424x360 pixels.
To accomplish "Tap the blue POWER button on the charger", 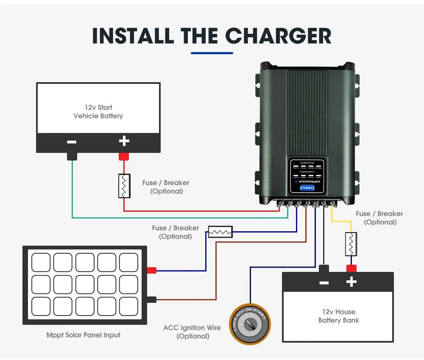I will tap(307, 188).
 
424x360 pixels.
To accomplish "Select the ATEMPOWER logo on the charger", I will tap(308, 181).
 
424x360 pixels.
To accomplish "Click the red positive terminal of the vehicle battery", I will tap(123, 156).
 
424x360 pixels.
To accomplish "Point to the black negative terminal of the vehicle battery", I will tap(72, 156).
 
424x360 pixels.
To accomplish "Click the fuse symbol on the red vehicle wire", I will tap(124, 186).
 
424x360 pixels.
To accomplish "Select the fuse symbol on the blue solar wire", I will tap(220, 232).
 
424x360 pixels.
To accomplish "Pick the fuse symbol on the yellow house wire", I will tap(350, 244).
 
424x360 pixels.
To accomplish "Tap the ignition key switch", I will tap(249, 324).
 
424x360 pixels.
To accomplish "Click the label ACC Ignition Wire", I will tap(192, 328).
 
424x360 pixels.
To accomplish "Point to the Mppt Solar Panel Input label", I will tap(83, 335).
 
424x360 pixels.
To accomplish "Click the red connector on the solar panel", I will tap(151, 270).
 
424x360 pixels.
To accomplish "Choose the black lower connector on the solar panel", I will tap(151, 299).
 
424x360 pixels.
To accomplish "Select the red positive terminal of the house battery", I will tap(351, 268).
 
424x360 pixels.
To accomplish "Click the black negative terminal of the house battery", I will tap(324, 268).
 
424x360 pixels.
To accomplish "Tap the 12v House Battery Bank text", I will tap(338, 316).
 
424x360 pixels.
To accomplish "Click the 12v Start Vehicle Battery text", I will tap(98, 112).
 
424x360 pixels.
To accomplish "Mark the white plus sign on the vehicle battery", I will tap(124, 141).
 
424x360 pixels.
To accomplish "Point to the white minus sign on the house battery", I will tap(324, 282).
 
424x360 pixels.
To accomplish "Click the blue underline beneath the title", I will tap(212, 53).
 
